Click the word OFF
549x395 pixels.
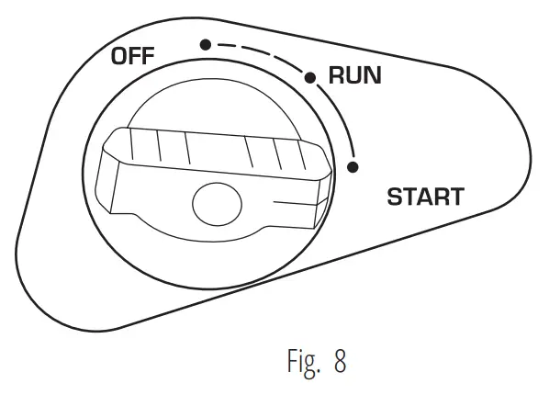133,56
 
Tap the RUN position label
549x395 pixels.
354,76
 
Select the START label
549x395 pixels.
425,197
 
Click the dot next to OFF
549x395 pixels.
206,44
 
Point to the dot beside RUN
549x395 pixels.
311,77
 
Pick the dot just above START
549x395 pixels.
353,166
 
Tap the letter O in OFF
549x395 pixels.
120,56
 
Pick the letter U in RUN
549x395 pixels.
354,76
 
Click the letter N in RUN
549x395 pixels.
372,76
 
